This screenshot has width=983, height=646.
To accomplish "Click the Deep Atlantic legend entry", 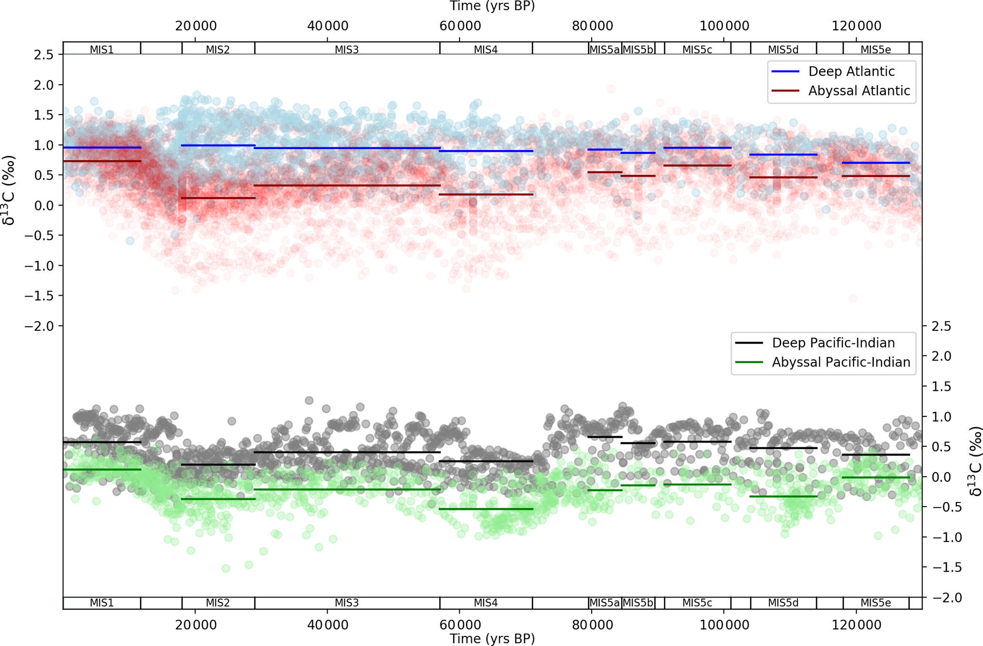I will [x=851, y=71].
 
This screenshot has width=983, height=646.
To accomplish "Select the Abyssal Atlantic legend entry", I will [x=858, y=91].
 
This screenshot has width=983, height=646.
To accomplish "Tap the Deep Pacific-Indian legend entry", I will [x=833, y=343].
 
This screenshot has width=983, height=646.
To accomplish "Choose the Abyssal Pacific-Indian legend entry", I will [x=840, y=362].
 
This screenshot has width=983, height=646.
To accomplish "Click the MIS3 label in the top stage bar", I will [x=347, y=49].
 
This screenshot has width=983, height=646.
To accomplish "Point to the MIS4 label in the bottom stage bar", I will [x=486, y=603].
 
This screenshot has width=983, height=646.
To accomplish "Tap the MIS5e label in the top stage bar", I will [x=876, y=49].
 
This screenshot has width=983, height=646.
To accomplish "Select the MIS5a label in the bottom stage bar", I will [x=604, y=603].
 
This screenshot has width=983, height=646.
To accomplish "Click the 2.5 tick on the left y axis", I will [x=43, y=55].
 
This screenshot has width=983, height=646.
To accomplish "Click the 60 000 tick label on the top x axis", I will [x=459, y=26].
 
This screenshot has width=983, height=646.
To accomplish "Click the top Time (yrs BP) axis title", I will [x=492, y=6].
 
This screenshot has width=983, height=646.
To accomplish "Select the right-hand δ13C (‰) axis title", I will [x=975, y=461].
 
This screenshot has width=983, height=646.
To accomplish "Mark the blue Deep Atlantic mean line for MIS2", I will [x=218, y=145].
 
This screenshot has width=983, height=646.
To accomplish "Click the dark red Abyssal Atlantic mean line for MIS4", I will [x=486, y=194].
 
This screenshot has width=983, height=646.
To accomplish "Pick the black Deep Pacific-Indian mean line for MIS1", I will [x=102, y=442].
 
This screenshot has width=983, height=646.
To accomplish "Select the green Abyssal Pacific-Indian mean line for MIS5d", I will [x=783, y=496].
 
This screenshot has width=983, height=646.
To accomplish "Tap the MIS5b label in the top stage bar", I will [x=638, y=49].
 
